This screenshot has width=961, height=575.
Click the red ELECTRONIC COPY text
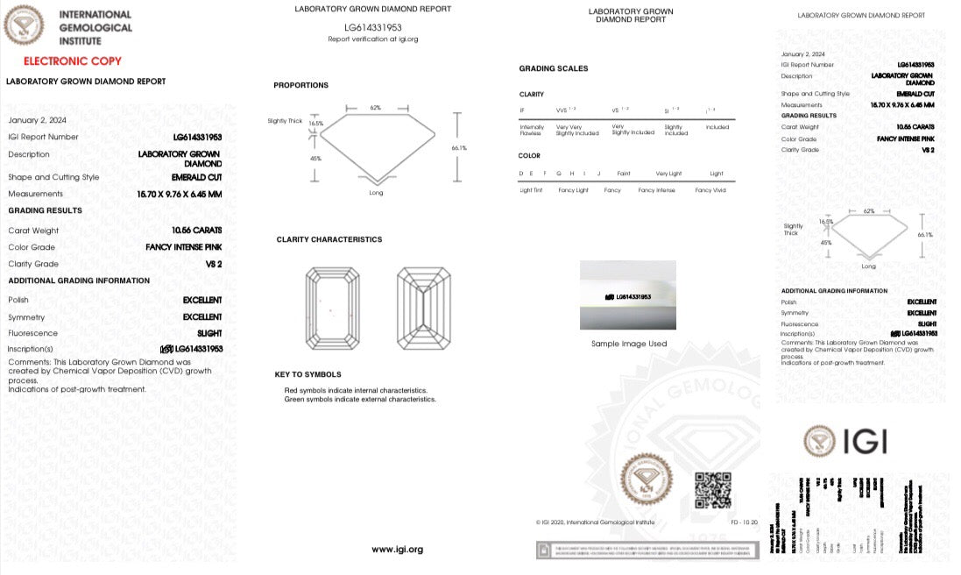pos(72,61)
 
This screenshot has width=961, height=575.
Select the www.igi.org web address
pos(397,550)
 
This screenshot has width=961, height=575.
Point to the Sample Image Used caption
pos(628,344)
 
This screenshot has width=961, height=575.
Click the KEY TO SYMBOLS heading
pos(307,374)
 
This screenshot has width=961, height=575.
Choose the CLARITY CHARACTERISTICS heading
pos(329,239)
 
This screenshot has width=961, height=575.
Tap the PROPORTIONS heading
pos(300,85)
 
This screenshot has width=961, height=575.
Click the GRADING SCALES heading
pos(554,68)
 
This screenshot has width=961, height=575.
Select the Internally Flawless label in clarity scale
pos(532,130)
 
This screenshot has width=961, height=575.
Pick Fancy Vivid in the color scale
pos(710,190)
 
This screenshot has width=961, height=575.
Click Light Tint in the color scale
pos(531,190)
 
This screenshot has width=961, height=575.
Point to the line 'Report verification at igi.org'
pos(372,39)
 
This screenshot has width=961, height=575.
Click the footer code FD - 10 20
pos(744,522)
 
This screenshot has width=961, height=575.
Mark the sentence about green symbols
pos(360,399)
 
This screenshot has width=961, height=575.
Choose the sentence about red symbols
pos(356,390)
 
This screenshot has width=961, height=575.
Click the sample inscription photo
pos(627,295)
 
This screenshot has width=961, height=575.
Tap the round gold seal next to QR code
pos(649,481)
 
